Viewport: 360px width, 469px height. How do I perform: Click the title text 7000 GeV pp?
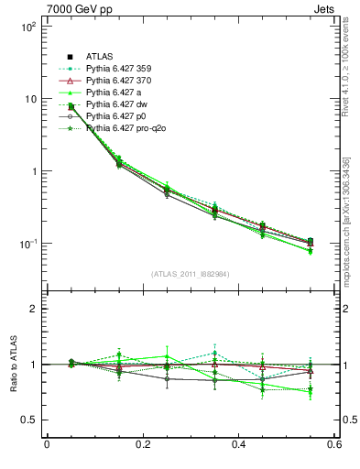pyautogui.click(x=76, y=8)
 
